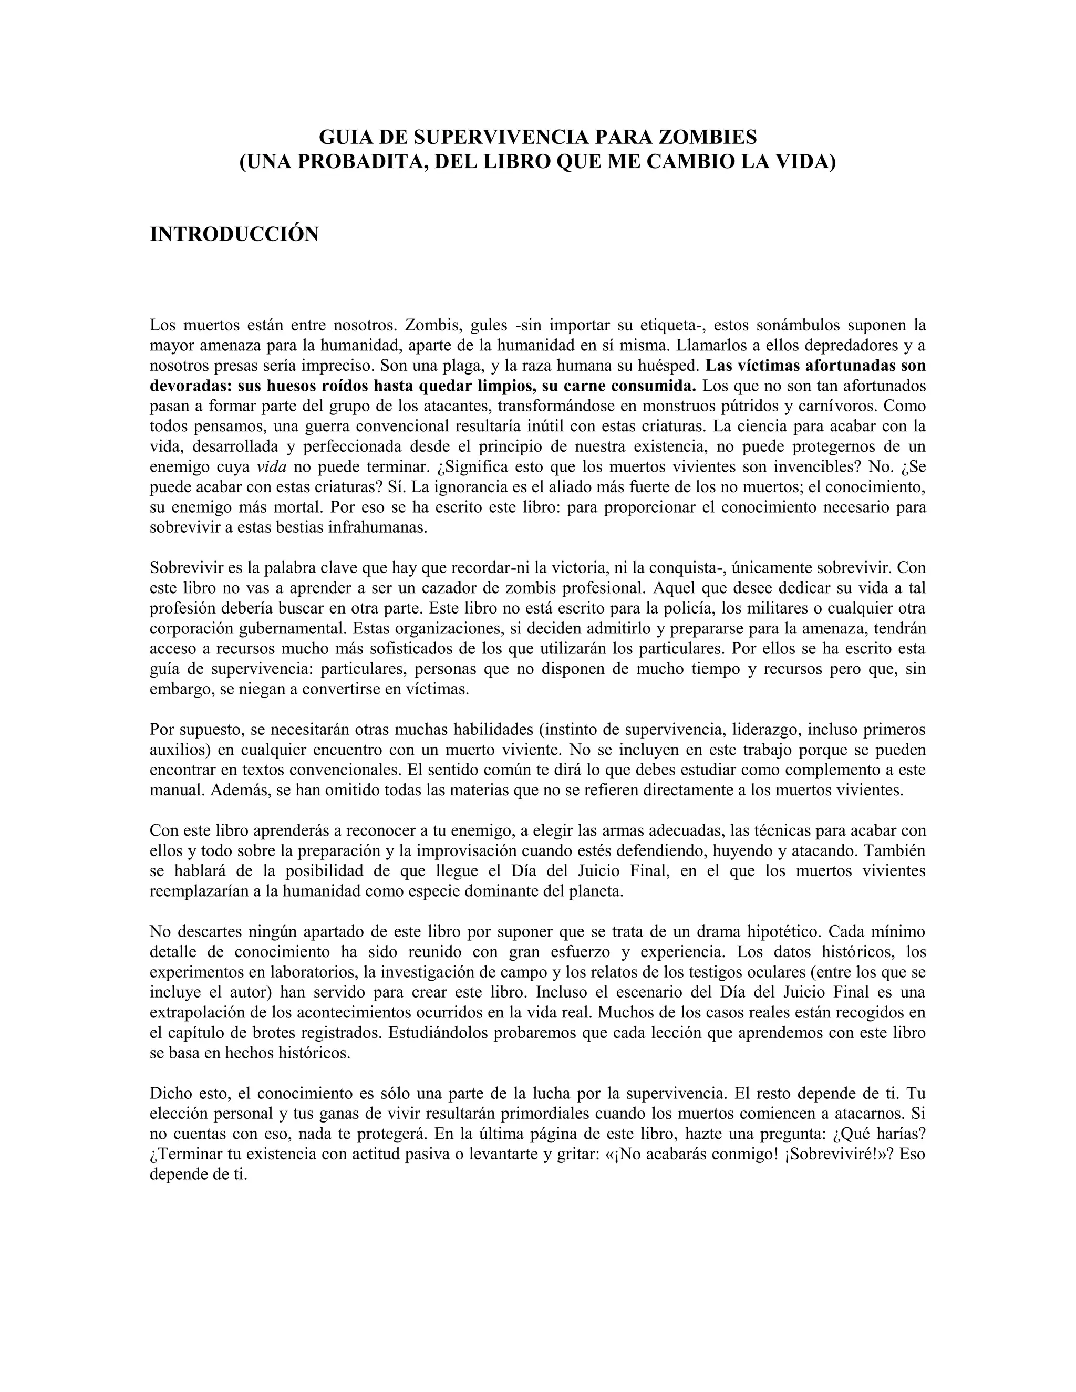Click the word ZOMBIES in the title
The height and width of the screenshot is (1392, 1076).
tap(708, 137)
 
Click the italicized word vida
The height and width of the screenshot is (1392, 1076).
tap(272, 466)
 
